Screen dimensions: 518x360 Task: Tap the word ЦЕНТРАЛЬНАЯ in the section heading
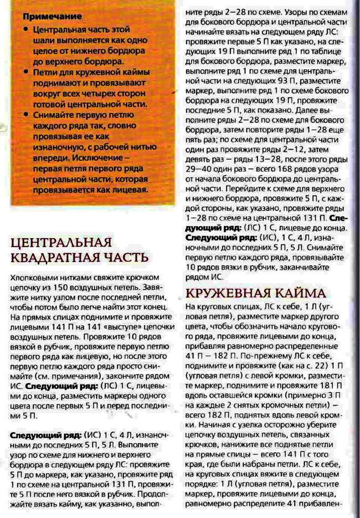tap(61, 242)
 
